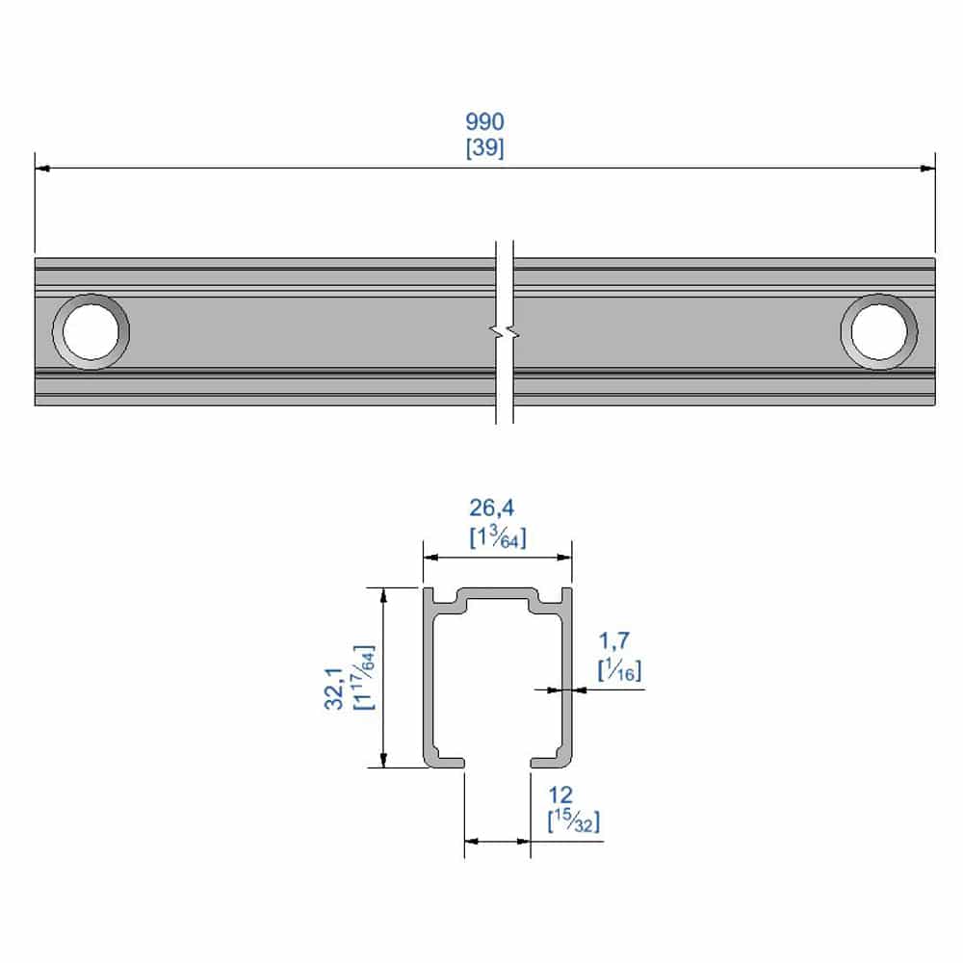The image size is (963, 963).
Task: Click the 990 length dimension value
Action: pyautogui.click(x=484, y=122)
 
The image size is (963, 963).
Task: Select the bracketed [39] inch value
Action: pyautogui.click(x=484, y=148)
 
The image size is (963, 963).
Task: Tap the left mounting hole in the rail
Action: pyautogui.click(x=91, y=331)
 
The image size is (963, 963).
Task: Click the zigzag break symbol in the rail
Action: pyautogui.click(x=505, y=332)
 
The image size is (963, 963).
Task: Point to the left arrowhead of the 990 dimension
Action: pyautogui.click(x=41, y=169)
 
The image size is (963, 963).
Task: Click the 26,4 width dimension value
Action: pyautogui.click(x=497, y=508)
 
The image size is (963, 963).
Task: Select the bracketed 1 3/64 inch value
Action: pyautogui.click(x=497, y=537)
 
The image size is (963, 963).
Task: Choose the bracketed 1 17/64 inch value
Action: pyautogui.click(x=364, y=677)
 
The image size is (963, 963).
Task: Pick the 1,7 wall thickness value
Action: pyautogui.click(x=615, y=640)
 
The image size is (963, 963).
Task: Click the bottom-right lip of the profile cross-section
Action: pyautogui.click(x=549, y=762)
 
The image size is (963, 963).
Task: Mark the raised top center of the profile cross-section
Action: pyautogui.click(x=497, y=592)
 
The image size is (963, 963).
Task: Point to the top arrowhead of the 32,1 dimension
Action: pyautogui.click(x=385, y=595)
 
